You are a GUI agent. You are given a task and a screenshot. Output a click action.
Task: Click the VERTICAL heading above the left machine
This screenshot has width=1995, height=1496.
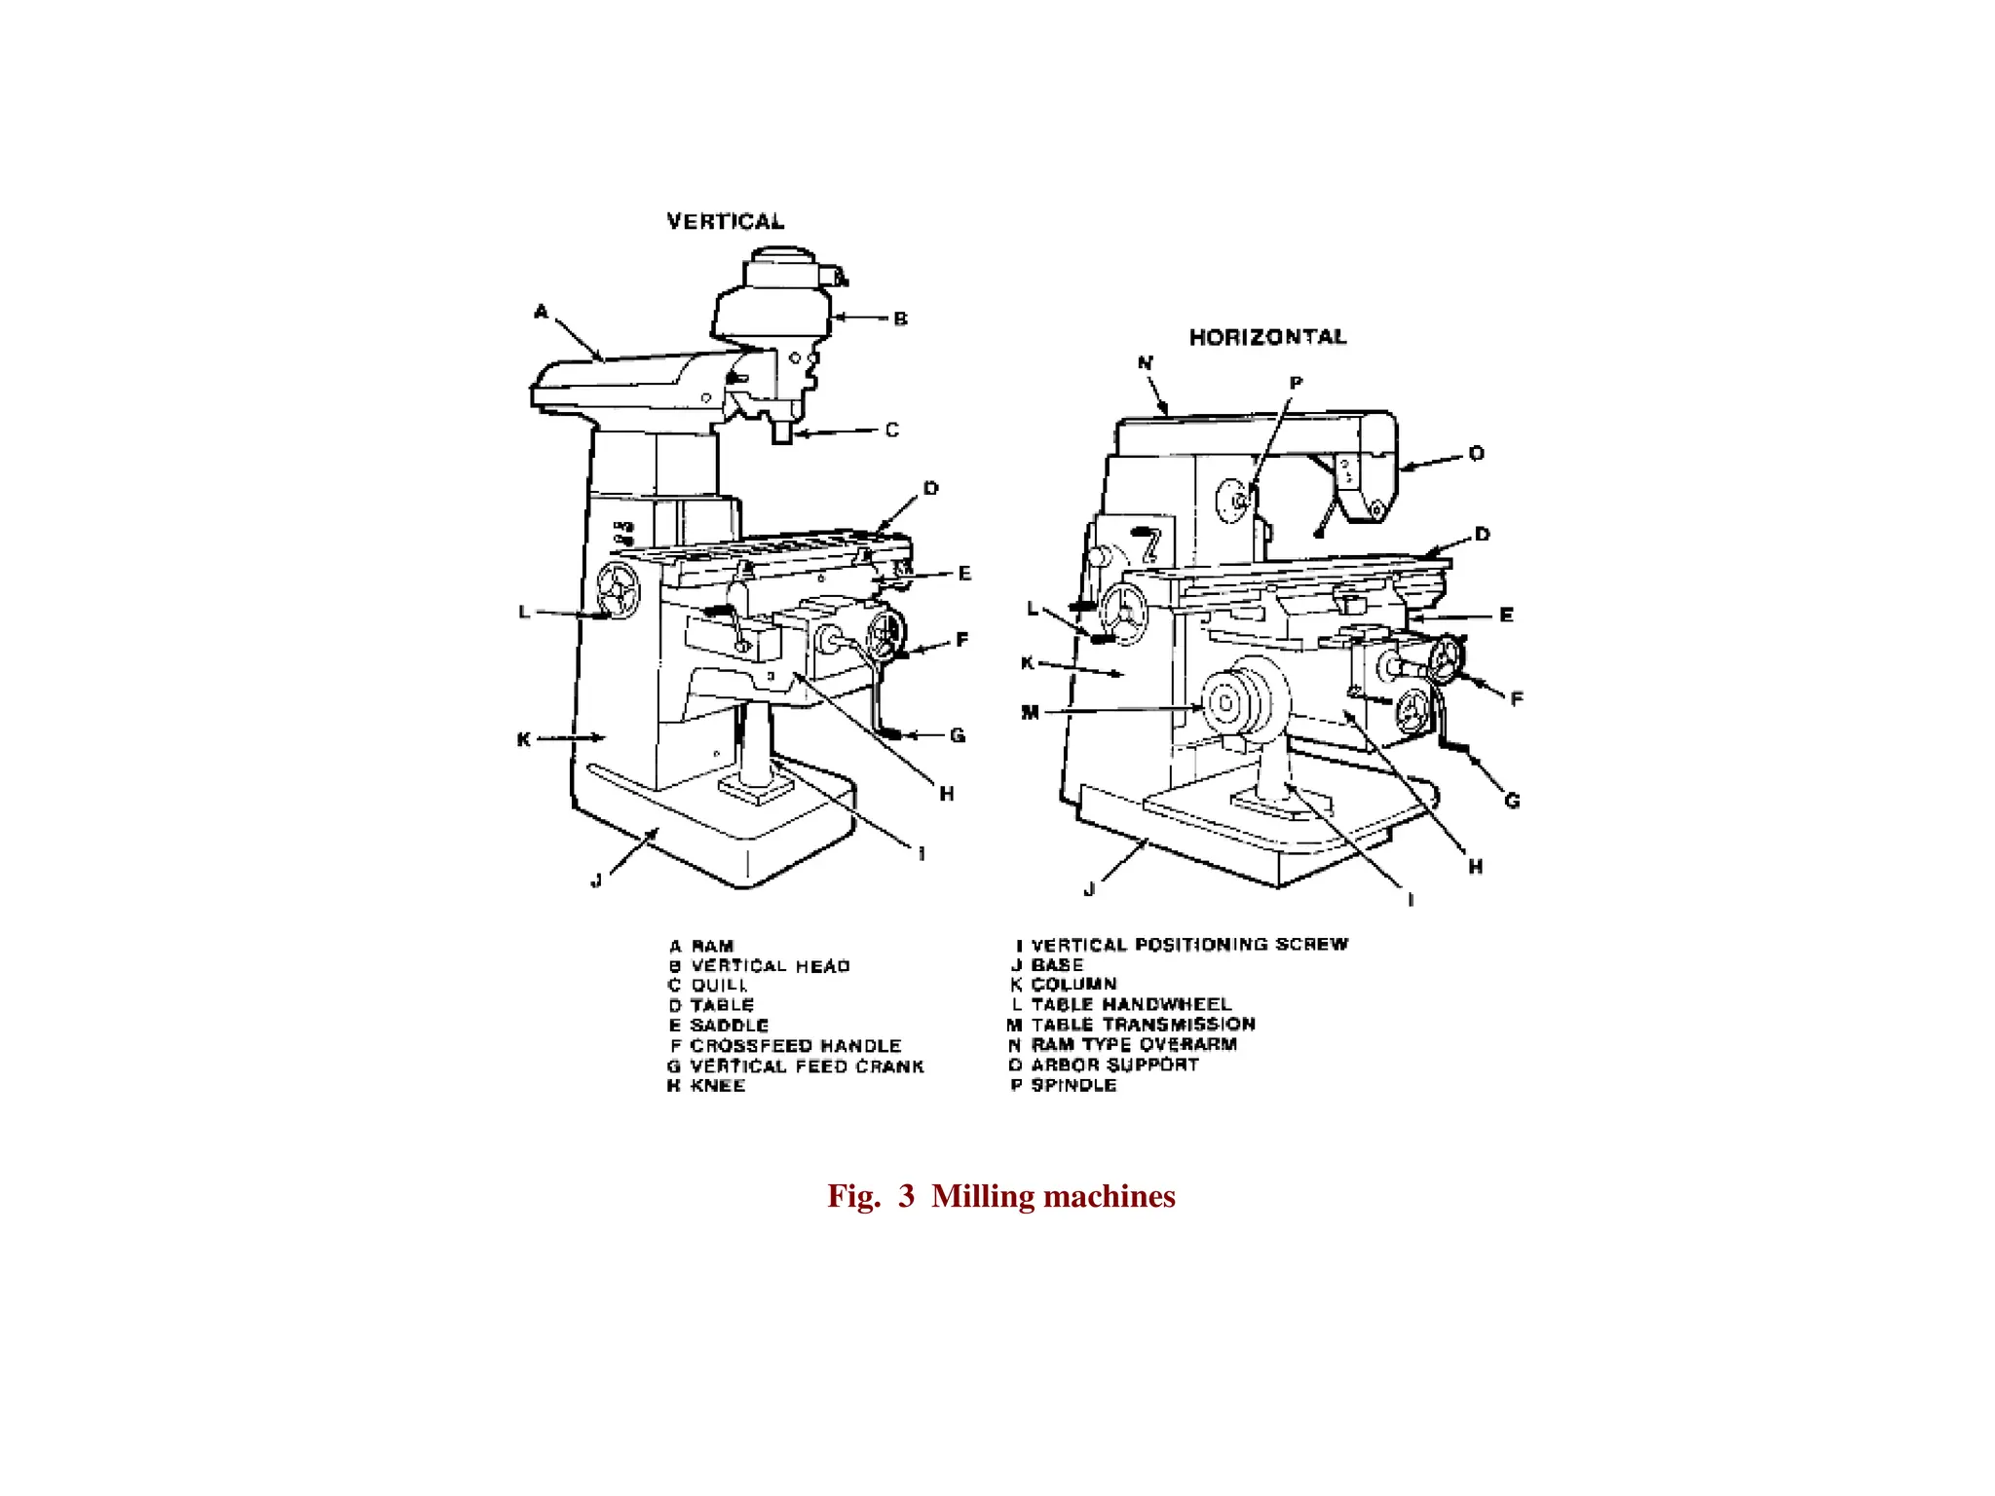(x=725, y=221)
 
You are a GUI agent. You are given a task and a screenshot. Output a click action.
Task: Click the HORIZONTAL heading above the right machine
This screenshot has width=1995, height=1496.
(x=1267, y=337)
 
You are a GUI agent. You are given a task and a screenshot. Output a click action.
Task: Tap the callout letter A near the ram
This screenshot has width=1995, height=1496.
(x=541, y=312)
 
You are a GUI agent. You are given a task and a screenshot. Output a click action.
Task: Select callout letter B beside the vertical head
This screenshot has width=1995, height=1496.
(x=900, y=318)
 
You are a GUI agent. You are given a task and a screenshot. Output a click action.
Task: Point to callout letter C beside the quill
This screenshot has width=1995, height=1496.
(x=891, y=430)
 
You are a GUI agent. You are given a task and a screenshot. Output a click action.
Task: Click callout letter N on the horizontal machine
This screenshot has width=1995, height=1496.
(x=1145, y=363)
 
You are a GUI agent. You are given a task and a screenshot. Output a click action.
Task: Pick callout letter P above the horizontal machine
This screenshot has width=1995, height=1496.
(x=1296, y=384)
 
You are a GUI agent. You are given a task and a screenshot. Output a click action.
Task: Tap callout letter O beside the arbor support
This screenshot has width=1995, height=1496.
(x=1476, y=454)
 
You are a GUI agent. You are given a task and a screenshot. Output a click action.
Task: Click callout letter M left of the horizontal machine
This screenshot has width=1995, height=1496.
(x=1030, y=713)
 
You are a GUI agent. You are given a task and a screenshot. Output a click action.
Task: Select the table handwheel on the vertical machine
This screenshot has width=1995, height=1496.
(x=619, y=591)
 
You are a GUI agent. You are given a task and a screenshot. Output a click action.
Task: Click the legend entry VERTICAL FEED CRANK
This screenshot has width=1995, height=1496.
(x=806, y=1066)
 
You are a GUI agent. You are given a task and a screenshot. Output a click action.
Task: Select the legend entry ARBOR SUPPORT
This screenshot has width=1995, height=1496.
(x=1114, y=1065)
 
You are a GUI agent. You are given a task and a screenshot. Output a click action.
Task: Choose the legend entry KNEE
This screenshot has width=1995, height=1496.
(x=717, y=1086)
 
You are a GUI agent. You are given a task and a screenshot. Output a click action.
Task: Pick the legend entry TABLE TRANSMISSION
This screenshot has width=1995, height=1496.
(x=1143, y=1025)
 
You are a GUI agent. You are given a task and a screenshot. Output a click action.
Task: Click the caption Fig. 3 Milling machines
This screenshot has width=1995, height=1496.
(x=1001, y=1196)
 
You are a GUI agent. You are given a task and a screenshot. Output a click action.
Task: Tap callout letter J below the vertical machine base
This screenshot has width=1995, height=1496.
(x=596, y=879)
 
